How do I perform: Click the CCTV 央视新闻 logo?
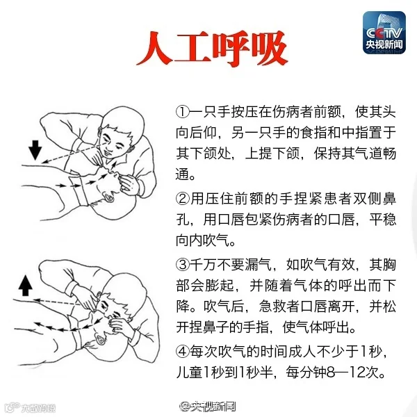pyautogui.click(x=384, y=33)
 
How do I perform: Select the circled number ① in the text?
pyautogui.click(x=182, y=112)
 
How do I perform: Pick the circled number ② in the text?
pyautogui.click(x=182, y=199)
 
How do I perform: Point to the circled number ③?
pyautogui.click(x=182, y=265)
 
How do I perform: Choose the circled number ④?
pyautogui.click(x=182, y=351)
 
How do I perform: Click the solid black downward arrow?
pyautogui.click(x=35, y=150)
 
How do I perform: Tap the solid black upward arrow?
pyautogui.click(x=26, y=286)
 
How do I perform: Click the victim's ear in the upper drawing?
pyautogui.click(x=109, y=197)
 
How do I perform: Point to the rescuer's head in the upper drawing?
pyautogui.click(x=120, y=132)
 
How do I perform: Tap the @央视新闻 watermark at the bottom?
pyautogui.click(x=207, y=406)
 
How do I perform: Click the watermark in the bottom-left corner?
pyautogui.click(x=31, y=407)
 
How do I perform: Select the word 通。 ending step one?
pyautogui.click(x=186, y=174)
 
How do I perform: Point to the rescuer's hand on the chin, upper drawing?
pyautogui.click(x=129, y=183)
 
